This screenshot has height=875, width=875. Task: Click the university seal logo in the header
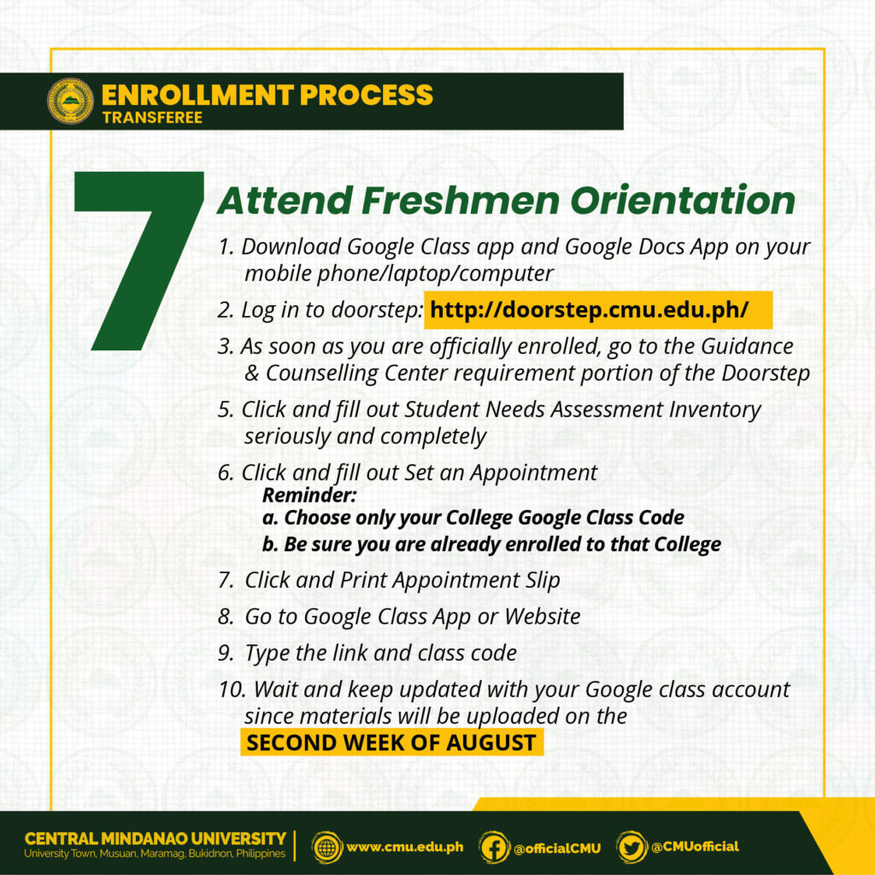(70, 101)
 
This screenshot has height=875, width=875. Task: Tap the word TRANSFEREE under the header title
(152, 118)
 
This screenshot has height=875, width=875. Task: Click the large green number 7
(139, 261)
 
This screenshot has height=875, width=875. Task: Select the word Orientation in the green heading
(683, 200)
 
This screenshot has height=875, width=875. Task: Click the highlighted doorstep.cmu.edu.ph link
(589, 309)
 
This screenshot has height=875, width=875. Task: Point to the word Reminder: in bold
(309, 495)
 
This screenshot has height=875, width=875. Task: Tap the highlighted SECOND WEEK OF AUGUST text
(391, 743)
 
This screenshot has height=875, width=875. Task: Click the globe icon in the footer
(326, 848)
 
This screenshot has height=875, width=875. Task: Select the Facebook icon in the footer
(494, 848)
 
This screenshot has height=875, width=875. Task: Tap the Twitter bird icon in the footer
(631, 848)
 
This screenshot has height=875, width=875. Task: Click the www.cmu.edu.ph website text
(404, 847)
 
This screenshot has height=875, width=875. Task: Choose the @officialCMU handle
(557, 849)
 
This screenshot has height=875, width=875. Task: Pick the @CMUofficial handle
(695, 847)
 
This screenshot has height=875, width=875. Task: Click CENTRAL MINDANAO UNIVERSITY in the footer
(156, 839)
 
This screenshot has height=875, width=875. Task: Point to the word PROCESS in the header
(366, 94)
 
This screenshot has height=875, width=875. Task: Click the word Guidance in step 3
(747, 346)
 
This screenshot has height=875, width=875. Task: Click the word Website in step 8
(543, 616)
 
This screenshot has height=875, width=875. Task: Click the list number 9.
(226, 653)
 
